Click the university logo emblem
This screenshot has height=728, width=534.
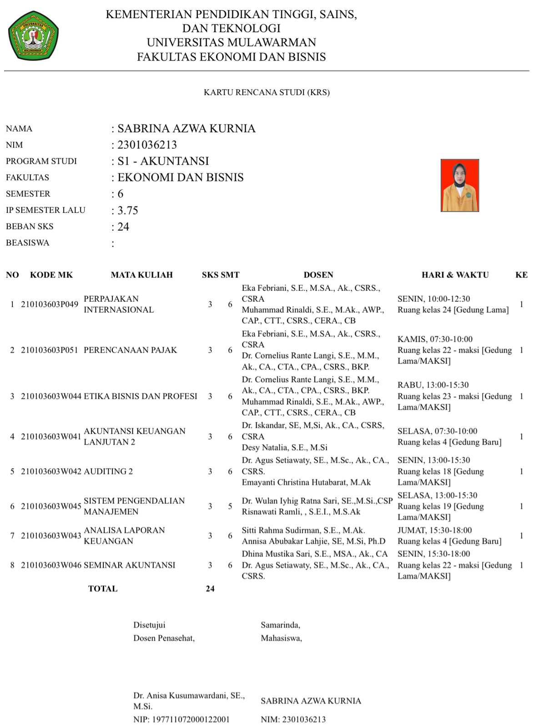33,36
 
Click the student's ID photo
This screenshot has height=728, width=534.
459,185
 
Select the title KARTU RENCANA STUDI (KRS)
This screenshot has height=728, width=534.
267,92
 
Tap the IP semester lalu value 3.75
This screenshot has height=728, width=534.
127,210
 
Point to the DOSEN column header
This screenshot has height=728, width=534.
318,275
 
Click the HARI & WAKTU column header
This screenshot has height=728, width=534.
455,275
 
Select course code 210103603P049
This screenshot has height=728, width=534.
50,304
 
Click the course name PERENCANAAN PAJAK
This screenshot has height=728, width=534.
131,350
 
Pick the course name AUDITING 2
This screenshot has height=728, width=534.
108,471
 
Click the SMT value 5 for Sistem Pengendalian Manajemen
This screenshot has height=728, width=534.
230,506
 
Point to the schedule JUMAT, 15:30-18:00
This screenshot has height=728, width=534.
434,530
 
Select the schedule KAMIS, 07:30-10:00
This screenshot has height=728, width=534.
435,339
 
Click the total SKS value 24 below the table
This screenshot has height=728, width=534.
210,589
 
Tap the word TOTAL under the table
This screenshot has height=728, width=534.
103,589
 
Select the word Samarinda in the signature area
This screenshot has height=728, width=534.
280,625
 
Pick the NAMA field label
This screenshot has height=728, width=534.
19,129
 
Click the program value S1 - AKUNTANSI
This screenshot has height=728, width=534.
163,161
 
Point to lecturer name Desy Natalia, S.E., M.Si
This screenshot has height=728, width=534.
285,447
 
